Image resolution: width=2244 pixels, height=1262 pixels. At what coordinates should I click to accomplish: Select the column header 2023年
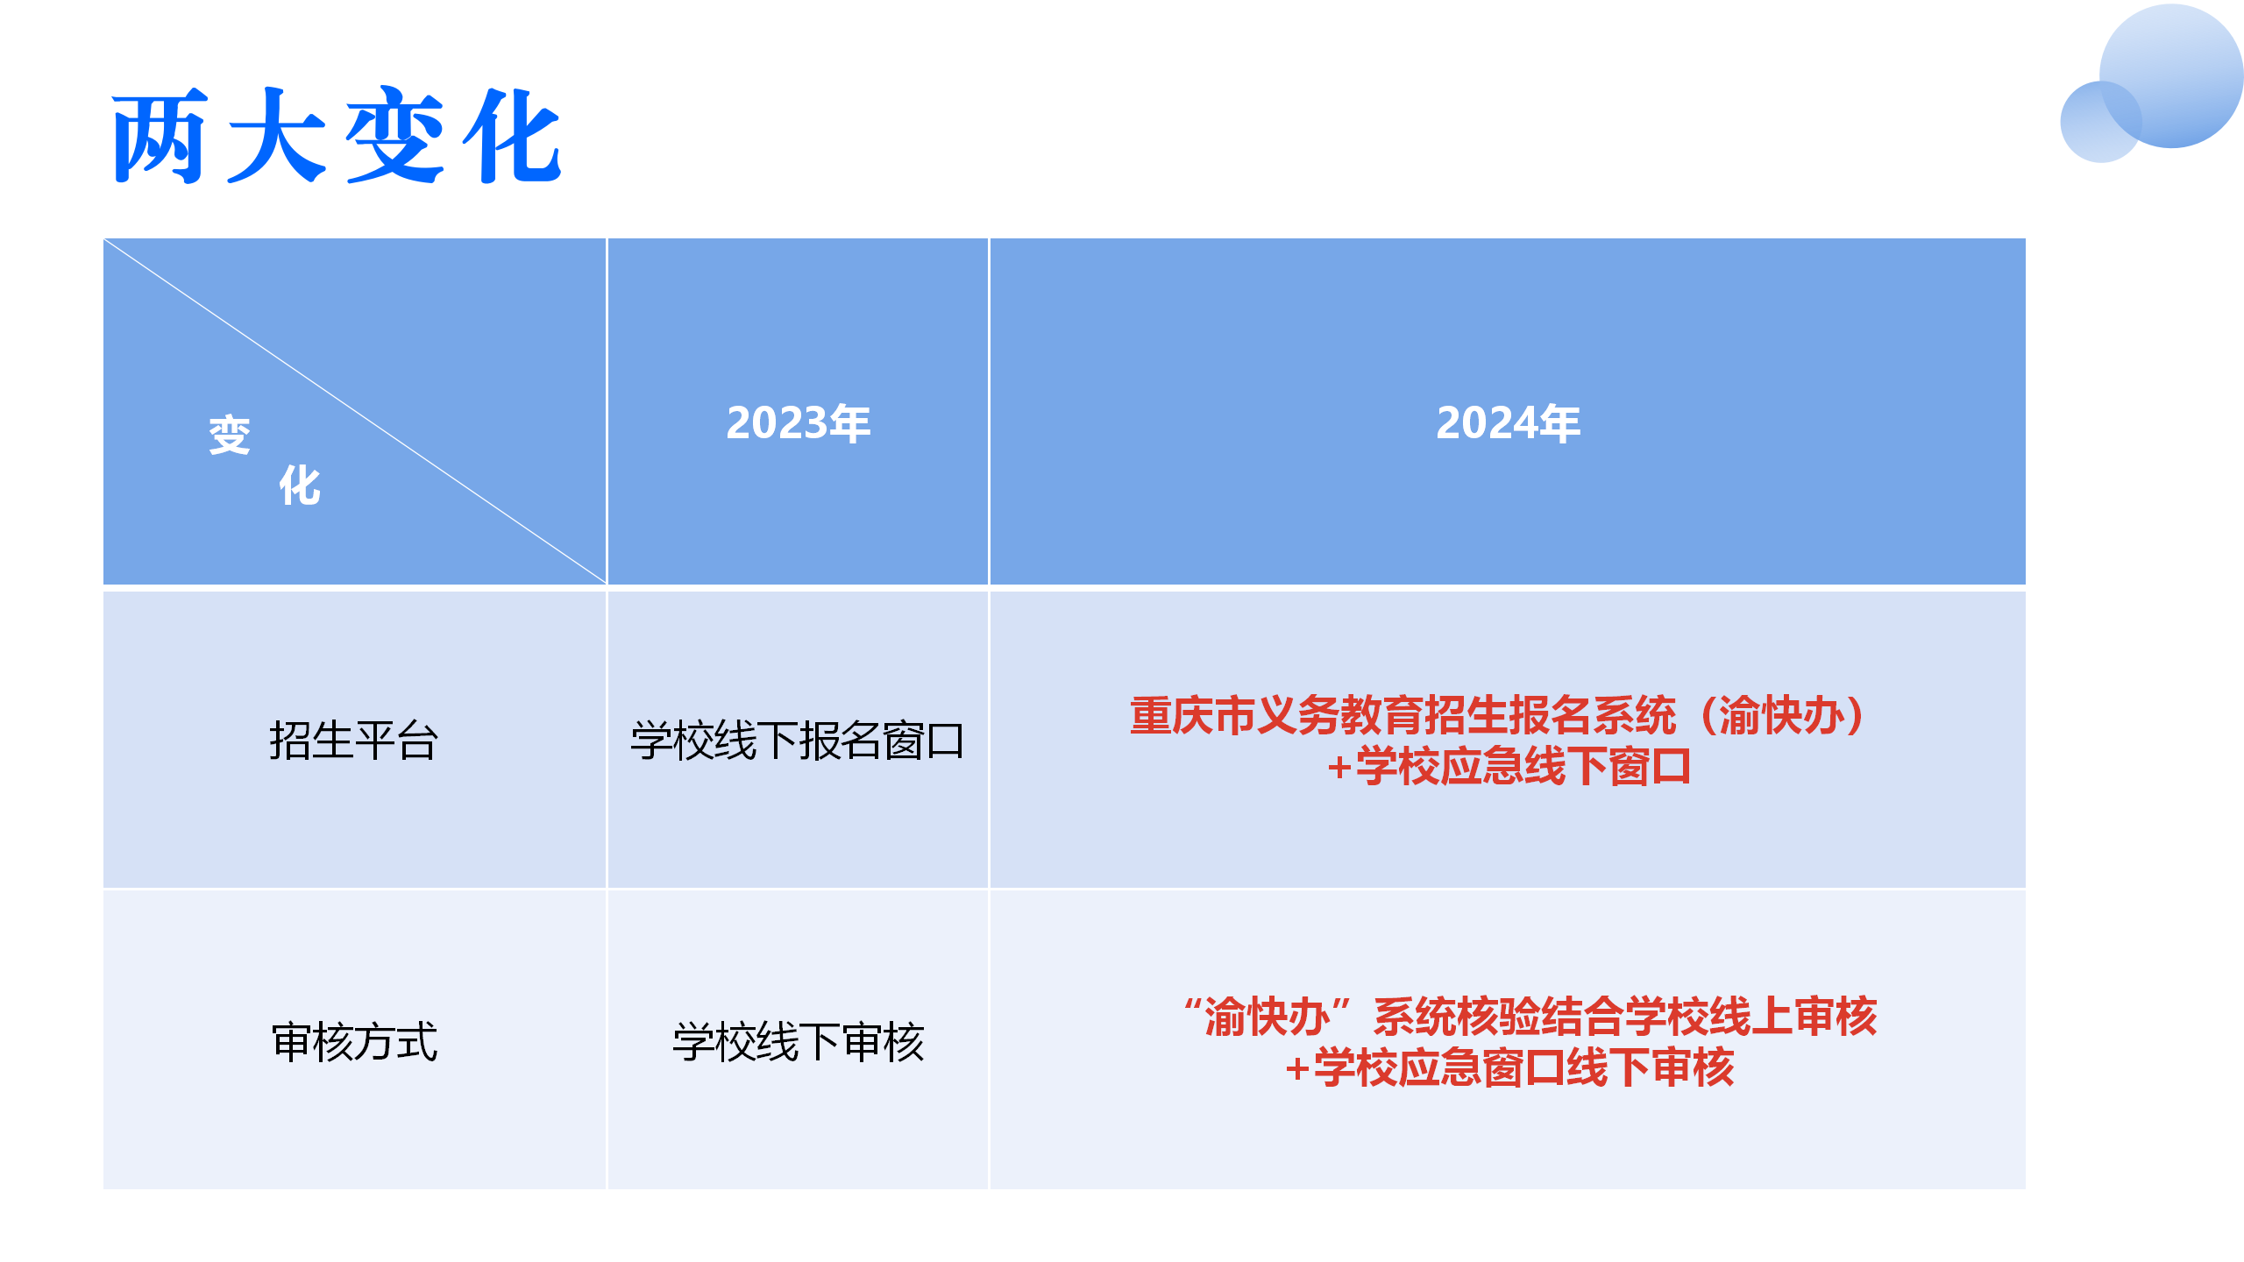pyautogui.click(x=798, y=423)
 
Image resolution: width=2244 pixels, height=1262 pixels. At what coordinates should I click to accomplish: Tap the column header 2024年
pyautogui.click(x=1508, y=423)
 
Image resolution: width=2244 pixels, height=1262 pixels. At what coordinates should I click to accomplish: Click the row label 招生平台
pyautogui.click(x=354, y=741)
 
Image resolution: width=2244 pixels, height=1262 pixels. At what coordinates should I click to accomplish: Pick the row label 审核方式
pyautogui.click(x=354, y=1042)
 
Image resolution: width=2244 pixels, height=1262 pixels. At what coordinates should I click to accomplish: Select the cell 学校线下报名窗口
pyautogui.click(x=798, y=741)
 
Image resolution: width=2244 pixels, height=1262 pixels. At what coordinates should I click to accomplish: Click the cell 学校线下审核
pyautogui.click(x=798, y=1042)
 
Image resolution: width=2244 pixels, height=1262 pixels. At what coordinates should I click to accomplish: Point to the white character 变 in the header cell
pyautogui.click(x=230, y=436)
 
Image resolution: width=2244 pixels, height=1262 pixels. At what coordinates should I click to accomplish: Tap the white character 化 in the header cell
pyautogui.click(x=300, y=486)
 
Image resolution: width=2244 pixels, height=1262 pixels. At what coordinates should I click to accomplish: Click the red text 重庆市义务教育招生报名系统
pyautogui.click(x=1402, y=715)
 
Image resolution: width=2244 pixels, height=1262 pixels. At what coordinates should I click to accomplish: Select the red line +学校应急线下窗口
pyautogui.click(x=1509, y=766)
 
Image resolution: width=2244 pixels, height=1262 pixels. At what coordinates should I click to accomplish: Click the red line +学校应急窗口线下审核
pyautogui.click(x=1509, y=1067)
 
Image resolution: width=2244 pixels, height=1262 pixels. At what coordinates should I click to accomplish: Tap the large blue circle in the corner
pyautogui.click(x=2171, y=75)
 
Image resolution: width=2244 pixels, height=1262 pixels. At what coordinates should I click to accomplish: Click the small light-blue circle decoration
pyautogui.click(x=2101, y=122)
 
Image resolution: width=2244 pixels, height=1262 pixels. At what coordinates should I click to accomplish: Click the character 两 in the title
pyautogui.click(x=160, y=135)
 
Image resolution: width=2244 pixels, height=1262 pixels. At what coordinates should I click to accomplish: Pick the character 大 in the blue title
pyautogui.click(x=277, y=135)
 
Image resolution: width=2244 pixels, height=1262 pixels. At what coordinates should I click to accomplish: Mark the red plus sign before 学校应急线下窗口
pyautogui.click(x=1339, y=768)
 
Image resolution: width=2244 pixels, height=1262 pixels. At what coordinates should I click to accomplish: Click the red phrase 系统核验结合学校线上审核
pyautogui.click(x=1625, y=1017)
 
